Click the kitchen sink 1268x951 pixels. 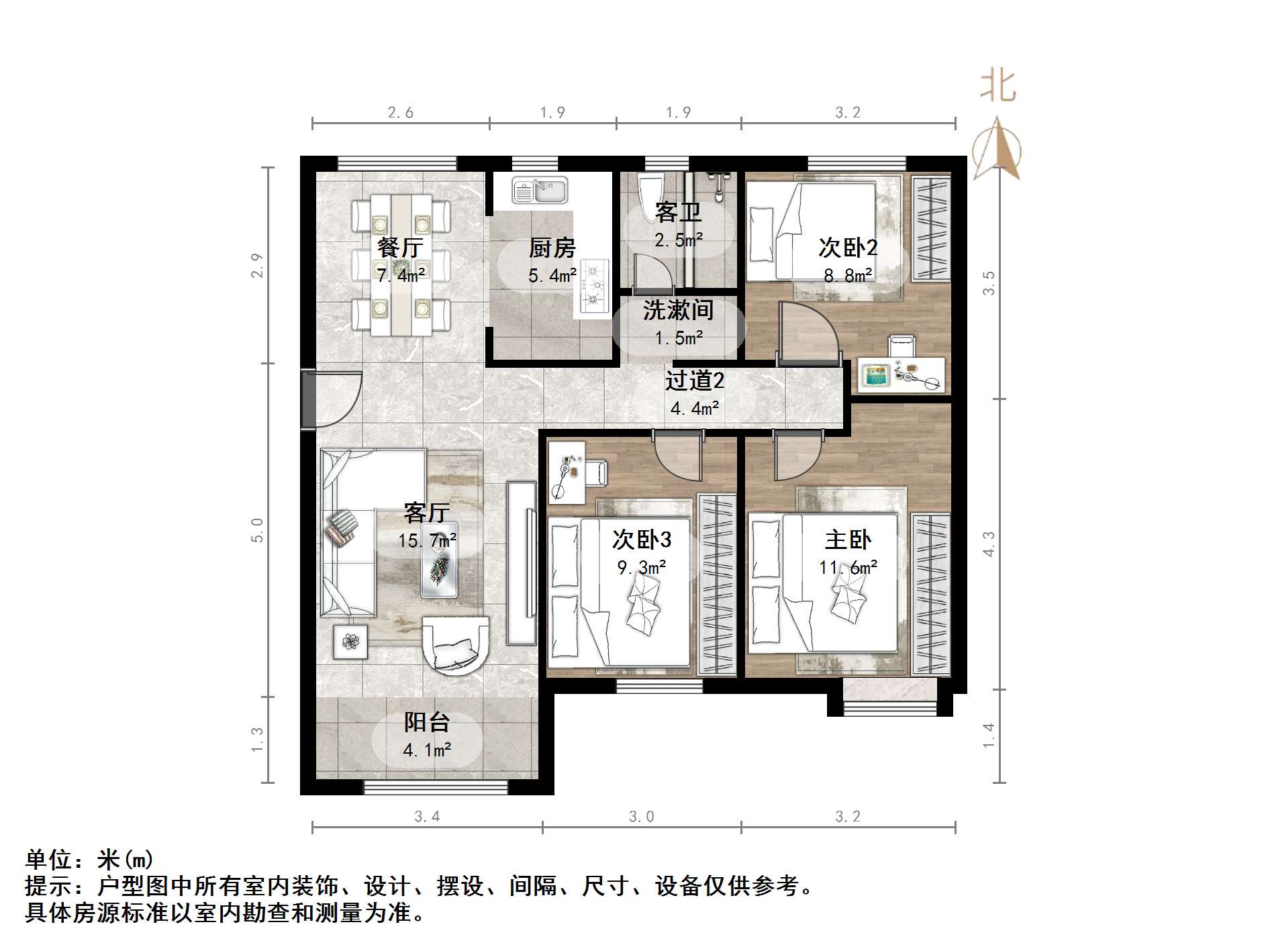pos(540,190)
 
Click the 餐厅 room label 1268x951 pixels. pos(400,248)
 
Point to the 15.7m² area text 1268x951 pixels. pos(427,540)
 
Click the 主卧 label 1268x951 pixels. pos(848,540)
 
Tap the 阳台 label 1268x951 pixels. pos(427,722)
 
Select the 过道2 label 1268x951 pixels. pos(695,381)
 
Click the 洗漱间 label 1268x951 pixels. pos(678,310)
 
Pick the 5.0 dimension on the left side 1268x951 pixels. pos(257,530)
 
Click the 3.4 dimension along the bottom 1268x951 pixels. pos(427,816)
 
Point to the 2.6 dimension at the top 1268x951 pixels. pos(400,112)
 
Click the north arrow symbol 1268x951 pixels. pos(997,149)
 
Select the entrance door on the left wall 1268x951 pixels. pos(309,398)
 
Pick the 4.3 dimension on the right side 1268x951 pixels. pos(988,543)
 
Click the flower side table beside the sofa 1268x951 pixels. pos(350,641)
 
